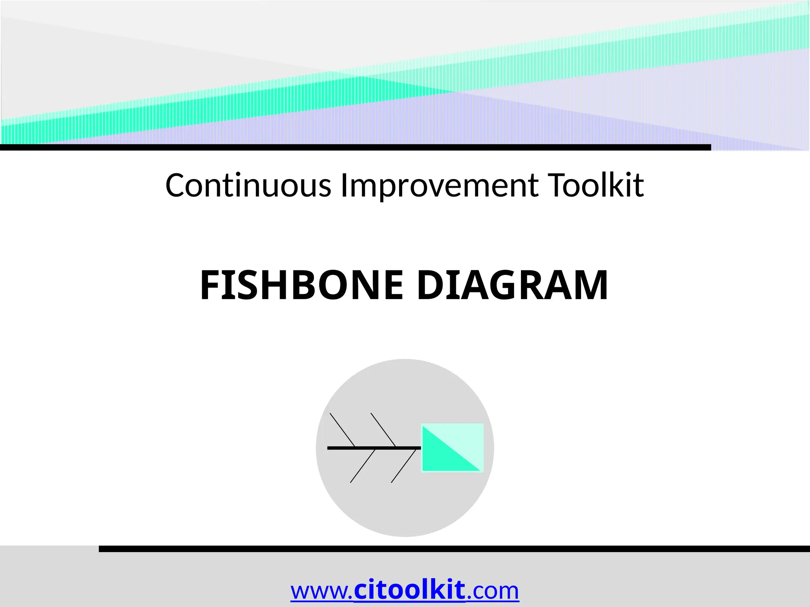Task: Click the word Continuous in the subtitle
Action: [x=248, y=185]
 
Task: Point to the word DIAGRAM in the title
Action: [x=512, y=285]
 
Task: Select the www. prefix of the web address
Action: [x=321, y=592]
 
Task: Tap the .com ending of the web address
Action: [x=493, y=592]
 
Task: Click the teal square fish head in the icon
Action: [x=452, y=447]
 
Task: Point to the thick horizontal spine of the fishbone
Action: [x=374, y=448]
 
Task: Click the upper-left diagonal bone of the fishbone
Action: [x=342, y=430]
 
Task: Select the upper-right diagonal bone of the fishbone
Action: [x=383, y=430]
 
